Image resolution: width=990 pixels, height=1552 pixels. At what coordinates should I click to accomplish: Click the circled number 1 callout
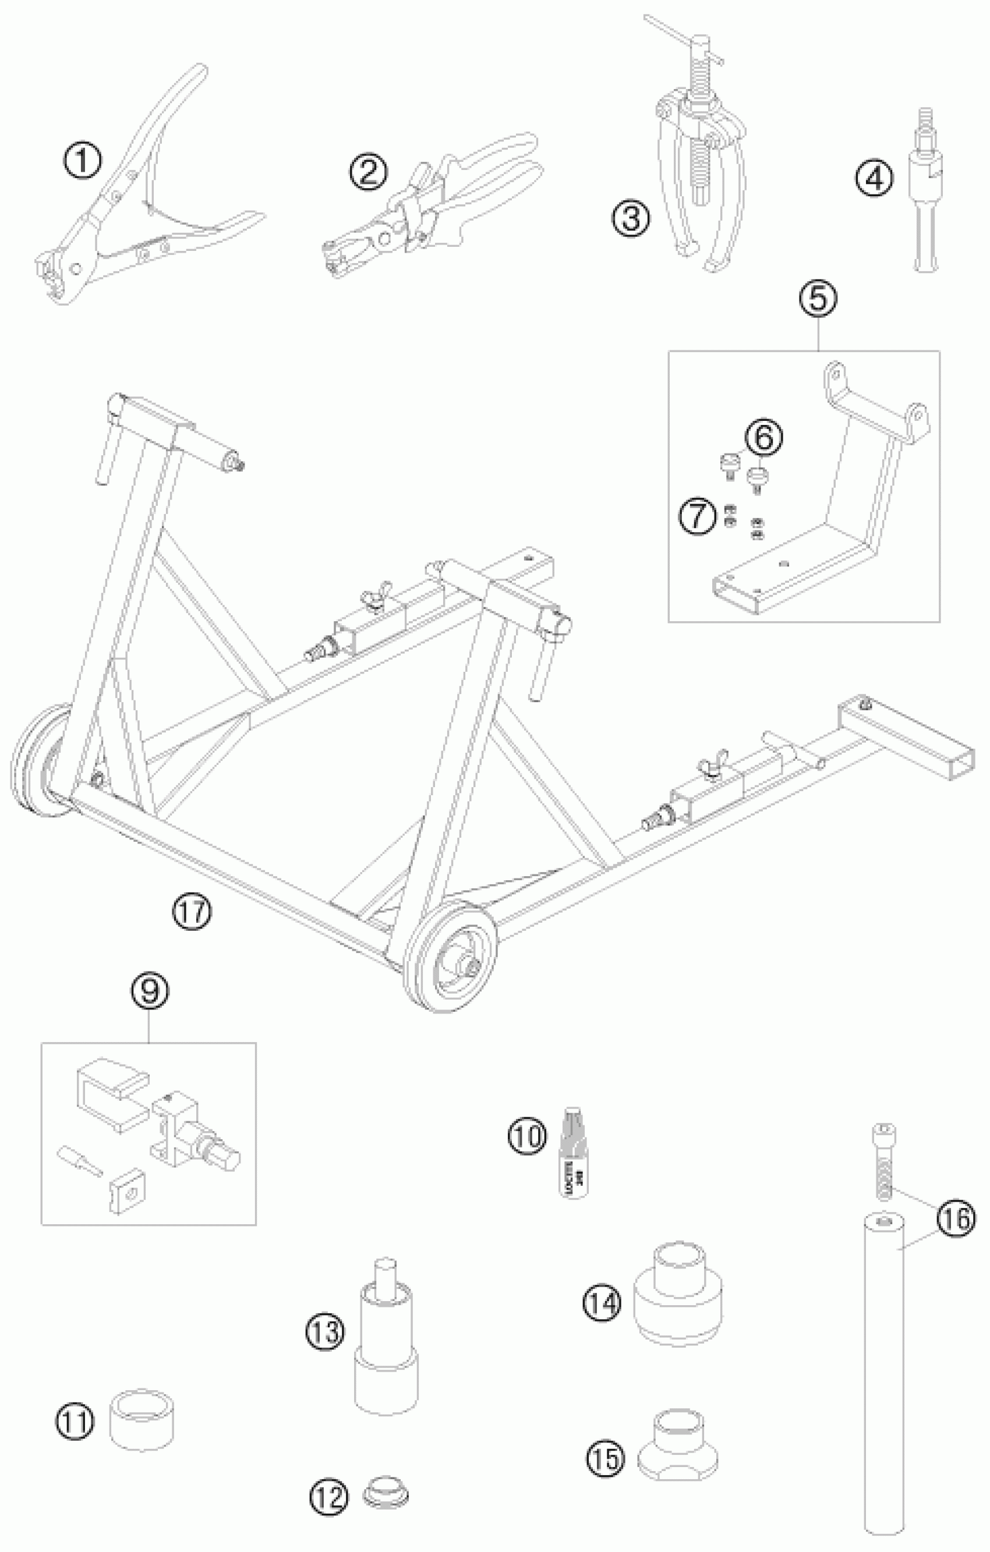(x=83, y=161)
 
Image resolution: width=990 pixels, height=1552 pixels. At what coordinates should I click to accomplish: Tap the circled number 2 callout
(x=369, y=172)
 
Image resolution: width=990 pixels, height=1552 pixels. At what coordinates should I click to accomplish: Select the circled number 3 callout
(x=631, y=218)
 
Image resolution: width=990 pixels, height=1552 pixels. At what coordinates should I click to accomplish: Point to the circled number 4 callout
(x=875, y=179)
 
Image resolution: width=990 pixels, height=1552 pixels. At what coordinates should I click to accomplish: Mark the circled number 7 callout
(x=698, y=518)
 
